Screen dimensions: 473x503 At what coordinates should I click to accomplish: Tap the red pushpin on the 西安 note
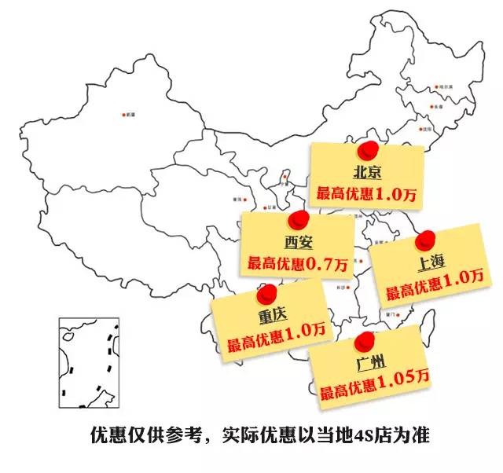pos(297,219)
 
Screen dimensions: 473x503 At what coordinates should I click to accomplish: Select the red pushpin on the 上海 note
pos(425,236)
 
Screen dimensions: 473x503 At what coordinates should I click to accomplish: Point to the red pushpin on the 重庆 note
pos(269,292)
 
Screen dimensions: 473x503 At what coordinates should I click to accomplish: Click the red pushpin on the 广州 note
pos(364,341)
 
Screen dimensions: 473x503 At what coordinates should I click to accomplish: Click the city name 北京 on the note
pos(367,171)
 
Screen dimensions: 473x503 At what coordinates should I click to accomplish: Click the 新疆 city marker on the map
pos(124,115)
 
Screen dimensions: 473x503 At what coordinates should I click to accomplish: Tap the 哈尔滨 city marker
pos(437,87)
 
